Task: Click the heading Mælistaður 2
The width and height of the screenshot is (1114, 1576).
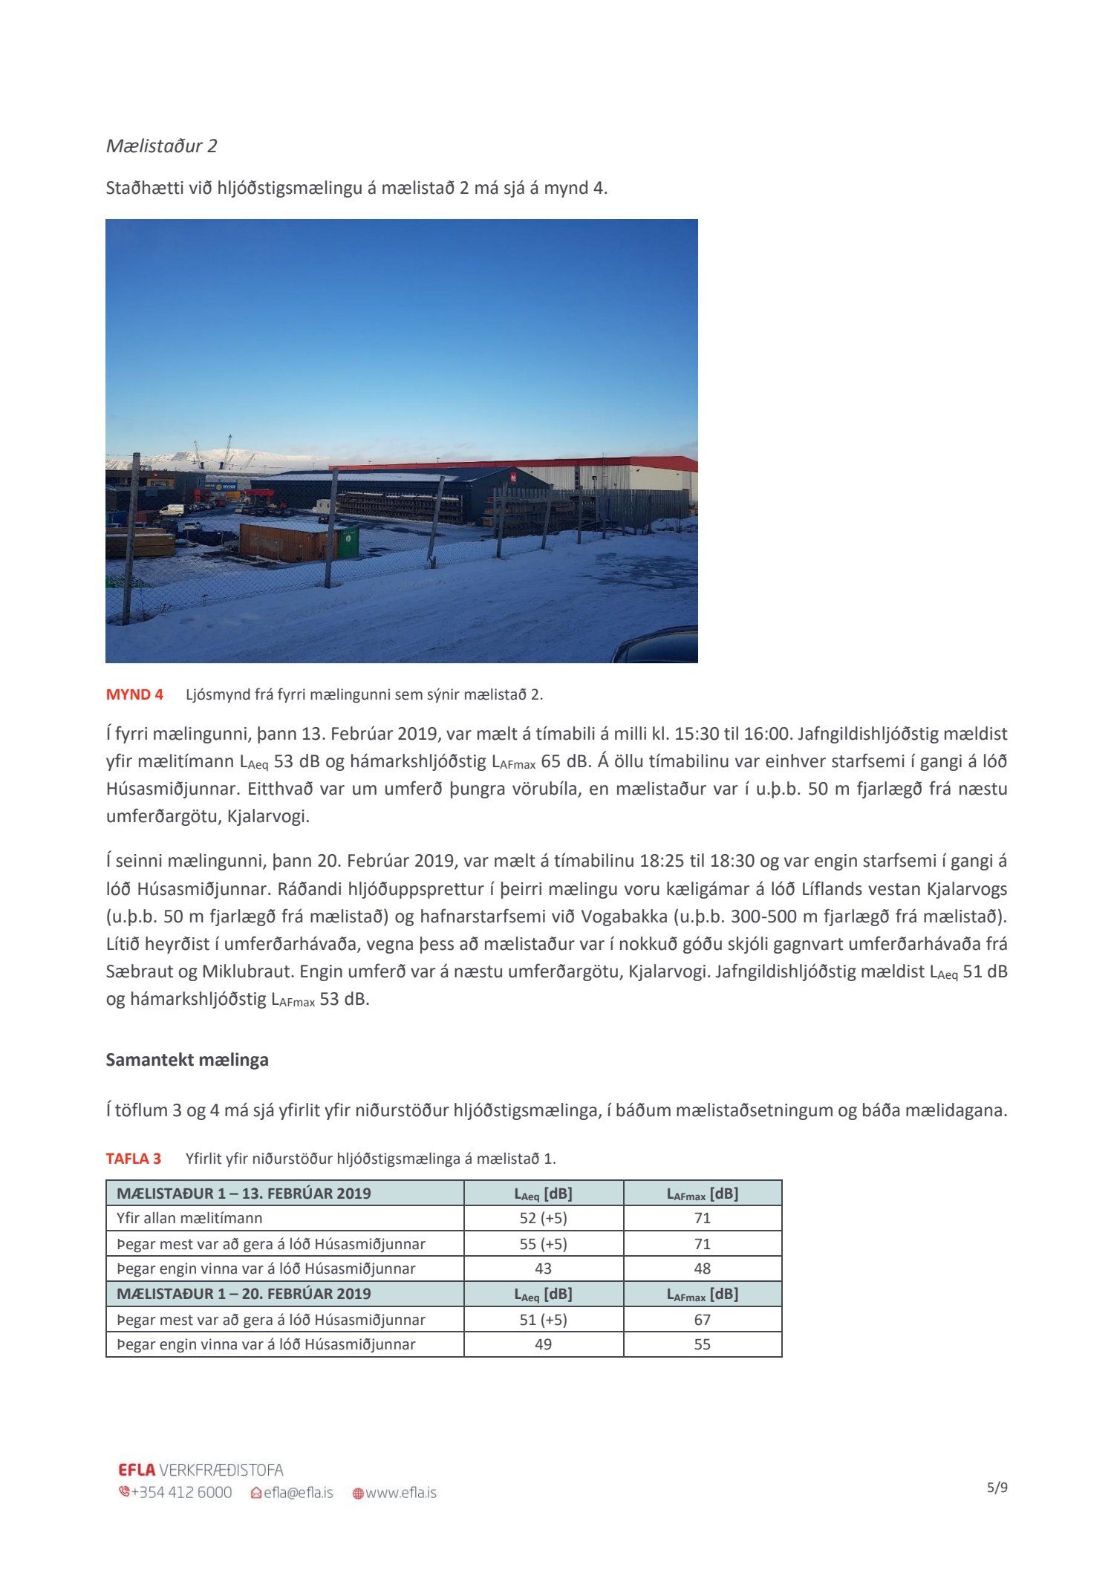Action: coord(161,146)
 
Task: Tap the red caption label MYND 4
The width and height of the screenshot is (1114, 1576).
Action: coord(134,694)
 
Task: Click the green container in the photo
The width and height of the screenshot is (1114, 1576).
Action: coord(348,542)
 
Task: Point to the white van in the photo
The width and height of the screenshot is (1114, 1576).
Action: coord(172,510)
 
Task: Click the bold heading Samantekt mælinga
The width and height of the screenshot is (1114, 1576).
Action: coord(187,1060)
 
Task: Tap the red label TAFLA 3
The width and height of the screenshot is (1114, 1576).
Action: coord(133,1159)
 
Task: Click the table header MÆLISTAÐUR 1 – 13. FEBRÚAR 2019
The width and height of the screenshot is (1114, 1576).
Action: coord(244,1194)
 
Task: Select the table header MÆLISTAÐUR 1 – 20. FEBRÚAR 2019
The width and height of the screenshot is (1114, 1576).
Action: coord(244,1293)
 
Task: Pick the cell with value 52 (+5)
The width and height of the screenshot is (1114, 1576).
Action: coord(543,1218)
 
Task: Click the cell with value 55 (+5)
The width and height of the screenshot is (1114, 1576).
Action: coord(543,1243)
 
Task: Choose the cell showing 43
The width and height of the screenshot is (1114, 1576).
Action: coord(543,1269)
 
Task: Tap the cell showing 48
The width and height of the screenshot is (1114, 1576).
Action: coord(702,1269)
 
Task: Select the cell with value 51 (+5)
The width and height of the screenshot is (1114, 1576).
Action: coord(543,1319)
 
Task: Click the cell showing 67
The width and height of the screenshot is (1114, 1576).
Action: coord(702,1319)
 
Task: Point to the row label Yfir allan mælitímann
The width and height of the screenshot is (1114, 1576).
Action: coord(189,1218)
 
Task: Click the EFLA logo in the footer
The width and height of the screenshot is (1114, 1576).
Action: coord(137,1470)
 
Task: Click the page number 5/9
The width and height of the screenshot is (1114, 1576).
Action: coord(997,1488)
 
